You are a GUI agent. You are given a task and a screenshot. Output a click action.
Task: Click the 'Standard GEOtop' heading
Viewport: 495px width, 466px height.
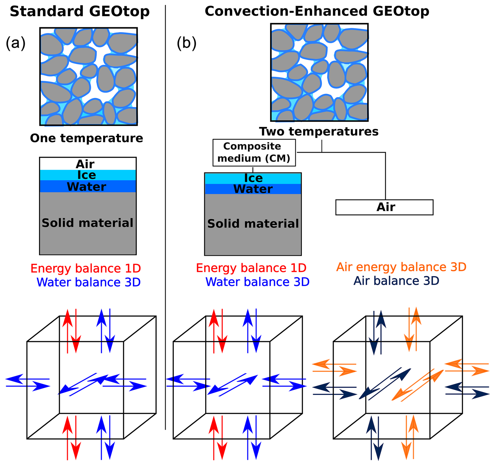pos(80,12)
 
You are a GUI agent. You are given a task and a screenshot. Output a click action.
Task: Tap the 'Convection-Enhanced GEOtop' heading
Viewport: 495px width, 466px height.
pos(317,12)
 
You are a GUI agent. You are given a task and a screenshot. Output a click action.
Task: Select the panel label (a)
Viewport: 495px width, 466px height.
pos(15,43)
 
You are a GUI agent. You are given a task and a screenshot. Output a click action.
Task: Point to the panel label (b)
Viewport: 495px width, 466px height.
pos(187,43)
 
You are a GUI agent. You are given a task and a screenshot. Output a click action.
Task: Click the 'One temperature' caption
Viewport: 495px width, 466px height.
pos(86,138)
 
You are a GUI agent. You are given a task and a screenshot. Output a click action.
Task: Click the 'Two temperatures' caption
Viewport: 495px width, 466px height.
pos(319,131)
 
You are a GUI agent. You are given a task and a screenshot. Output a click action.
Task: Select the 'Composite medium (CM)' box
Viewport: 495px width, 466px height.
pos(254,152)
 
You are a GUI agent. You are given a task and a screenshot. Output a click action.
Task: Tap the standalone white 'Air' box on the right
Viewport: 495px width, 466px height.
pos(384,207)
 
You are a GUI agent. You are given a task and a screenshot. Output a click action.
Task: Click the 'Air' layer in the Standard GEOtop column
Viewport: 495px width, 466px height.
pos(85,164)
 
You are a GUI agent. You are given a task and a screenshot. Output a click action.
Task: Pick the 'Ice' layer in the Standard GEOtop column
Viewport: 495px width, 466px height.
pos(87,175)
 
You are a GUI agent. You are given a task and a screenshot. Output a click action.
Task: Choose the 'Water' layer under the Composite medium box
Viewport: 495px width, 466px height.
pos(253,189)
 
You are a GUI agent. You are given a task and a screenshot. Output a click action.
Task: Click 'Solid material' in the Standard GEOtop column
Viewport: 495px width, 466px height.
pos(88,223)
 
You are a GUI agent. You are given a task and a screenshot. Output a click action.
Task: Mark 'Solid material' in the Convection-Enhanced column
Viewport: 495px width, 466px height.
pos(253,224)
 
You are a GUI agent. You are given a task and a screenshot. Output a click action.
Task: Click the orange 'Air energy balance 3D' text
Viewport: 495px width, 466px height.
pos(401,267)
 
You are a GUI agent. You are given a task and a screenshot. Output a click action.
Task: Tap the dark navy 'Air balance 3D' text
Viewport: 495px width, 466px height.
pos(396,281)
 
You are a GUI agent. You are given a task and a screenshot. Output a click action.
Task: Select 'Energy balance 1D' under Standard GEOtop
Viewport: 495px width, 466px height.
pos(86,268)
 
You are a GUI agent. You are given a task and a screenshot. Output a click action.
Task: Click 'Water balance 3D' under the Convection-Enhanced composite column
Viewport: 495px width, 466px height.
pos(257,282)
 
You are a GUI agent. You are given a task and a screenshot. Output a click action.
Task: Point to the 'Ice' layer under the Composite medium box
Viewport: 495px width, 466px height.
pos(253,178)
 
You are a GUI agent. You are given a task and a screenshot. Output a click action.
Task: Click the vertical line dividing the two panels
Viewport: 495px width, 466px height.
pos(165,209)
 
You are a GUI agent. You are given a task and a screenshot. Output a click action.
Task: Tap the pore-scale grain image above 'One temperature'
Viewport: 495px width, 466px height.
pos(88,76)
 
